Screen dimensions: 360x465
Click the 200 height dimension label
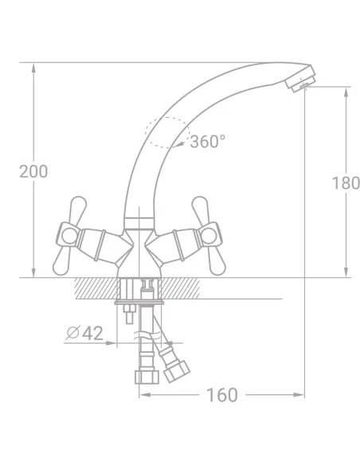(33, 171)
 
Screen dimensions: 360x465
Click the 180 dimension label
(346, 183)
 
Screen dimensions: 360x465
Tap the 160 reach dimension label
(222, 395)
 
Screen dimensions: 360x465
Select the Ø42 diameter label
(84, 333)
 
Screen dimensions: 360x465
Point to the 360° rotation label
(208, 142)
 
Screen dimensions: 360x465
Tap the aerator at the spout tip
(300, 78)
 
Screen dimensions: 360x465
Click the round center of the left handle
(69, 236)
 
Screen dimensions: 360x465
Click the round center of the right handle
(209, 236)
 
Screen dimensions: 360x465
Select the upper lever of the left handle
(78, 209)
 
